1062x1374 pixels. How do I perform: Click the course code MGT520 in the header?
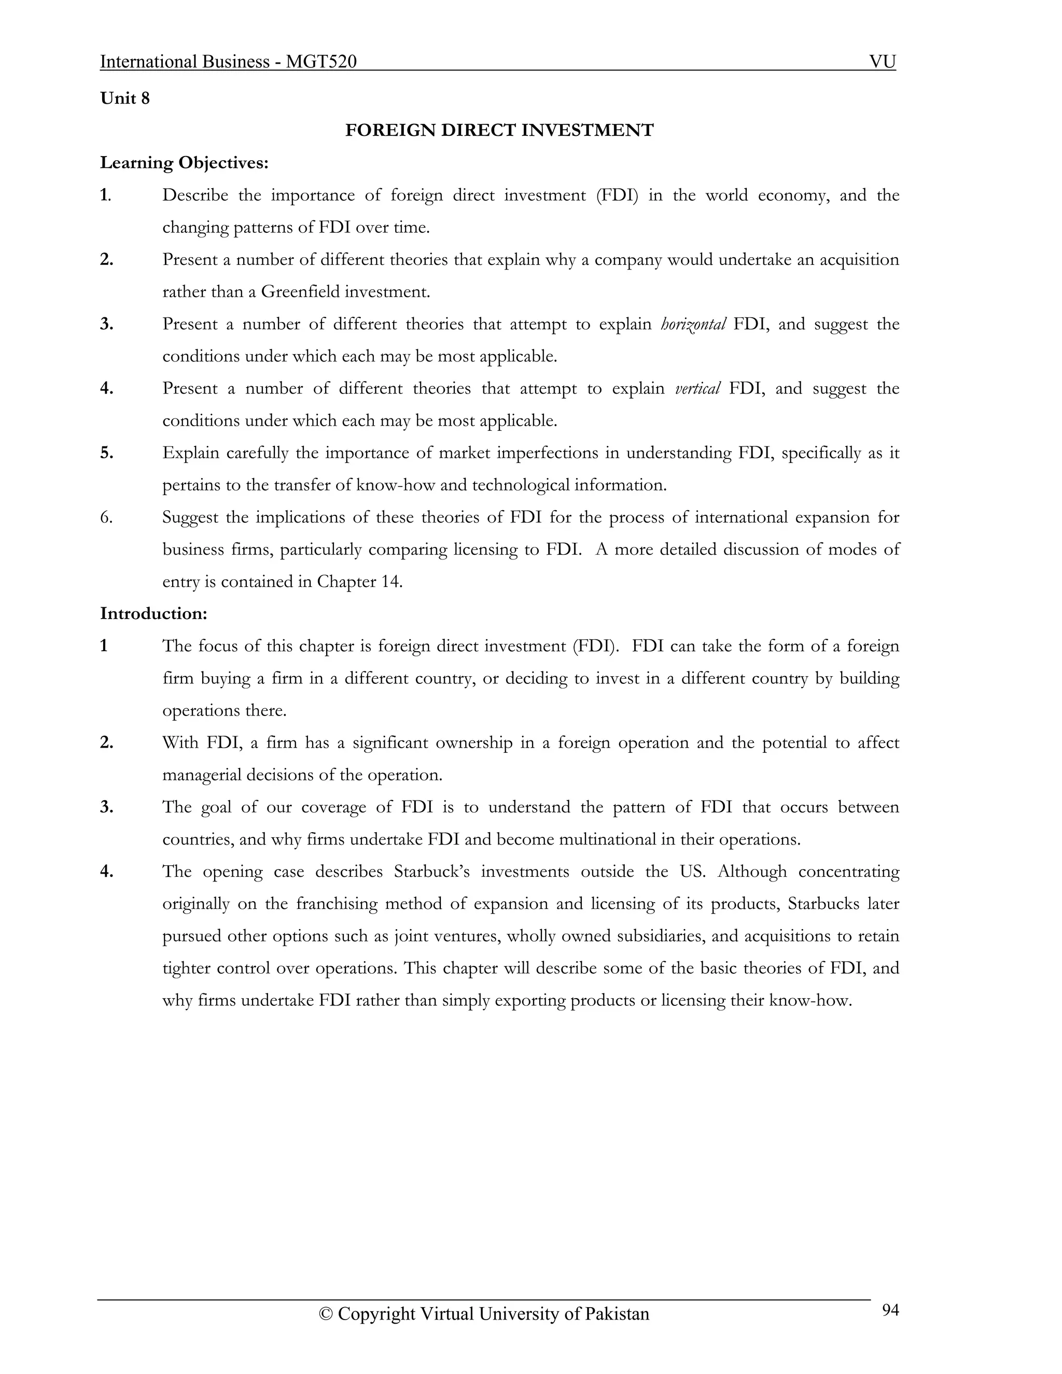tap(321, 62)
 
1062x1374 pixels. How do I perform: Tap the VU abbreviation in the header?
tap(882, 62)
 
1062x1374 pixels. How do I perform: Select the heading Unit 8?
tap(124, 98)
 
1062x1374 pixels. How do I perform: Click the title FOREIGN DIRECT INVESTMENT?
tap(499, 130)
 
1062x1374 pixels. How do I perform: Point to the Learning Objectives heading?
tap(184, 163)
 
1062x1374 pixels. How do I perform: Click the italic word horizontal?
tap(693, 325)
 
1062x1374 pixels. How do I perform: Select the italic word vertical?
tap(697, 389)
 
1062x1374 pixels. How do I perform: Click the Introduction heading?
tap(153, 613)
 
